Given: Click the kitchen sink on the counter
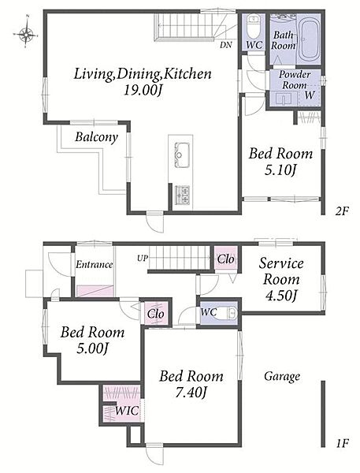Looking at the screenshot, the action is click(x=180, y=155).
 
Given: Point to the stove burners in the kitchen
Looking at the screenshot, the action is click(x=183, y=195).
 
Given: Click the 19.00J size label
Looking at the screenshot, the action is click(x=143, y=90).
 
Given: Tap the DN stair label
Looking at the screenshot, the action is click(x=226, y=45).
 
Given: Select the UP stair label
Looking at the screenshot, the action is click(x=143, y=259).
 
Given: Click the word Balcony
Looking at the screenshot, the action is click(x=96, y=137).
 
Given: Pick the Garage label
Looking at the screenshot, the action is click(x=282, y=377).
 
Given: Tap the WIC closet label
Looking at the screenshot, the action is click(x=128, y=411).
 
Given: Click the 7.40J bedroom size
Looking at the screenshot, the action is click(x=191, y=393).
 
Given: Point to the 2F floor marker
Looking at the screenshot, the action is click(x=342, y=211).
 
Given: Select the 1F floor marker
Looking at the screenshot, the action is click(x=342, y=444).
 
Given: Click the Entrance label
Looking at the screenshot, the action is click(x=94, y=265).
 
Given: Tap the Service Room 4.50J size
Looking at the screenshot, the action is click(x=281, y=296).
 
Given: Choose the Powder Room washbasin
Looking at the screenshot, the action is click(x=284, y=99).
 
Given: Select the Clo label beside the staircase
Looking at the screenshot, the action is click(x=225, y=259).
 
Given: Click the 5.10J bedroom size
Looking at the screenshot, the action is click(x=280, y=171).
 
